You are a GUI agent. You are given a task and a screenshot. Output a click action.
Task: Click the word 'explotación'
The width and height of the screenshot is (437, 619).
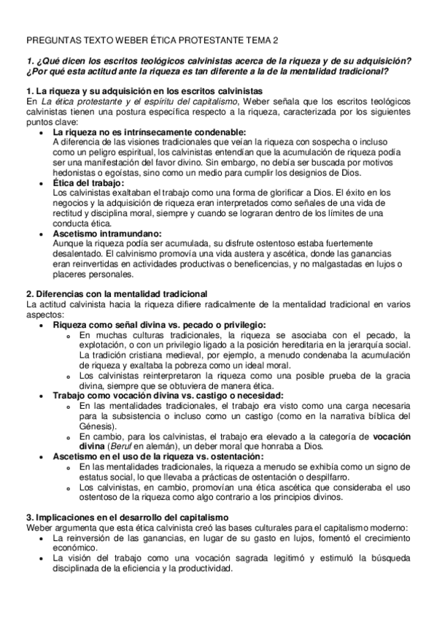pyautogui.click(x=103, y=345)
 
